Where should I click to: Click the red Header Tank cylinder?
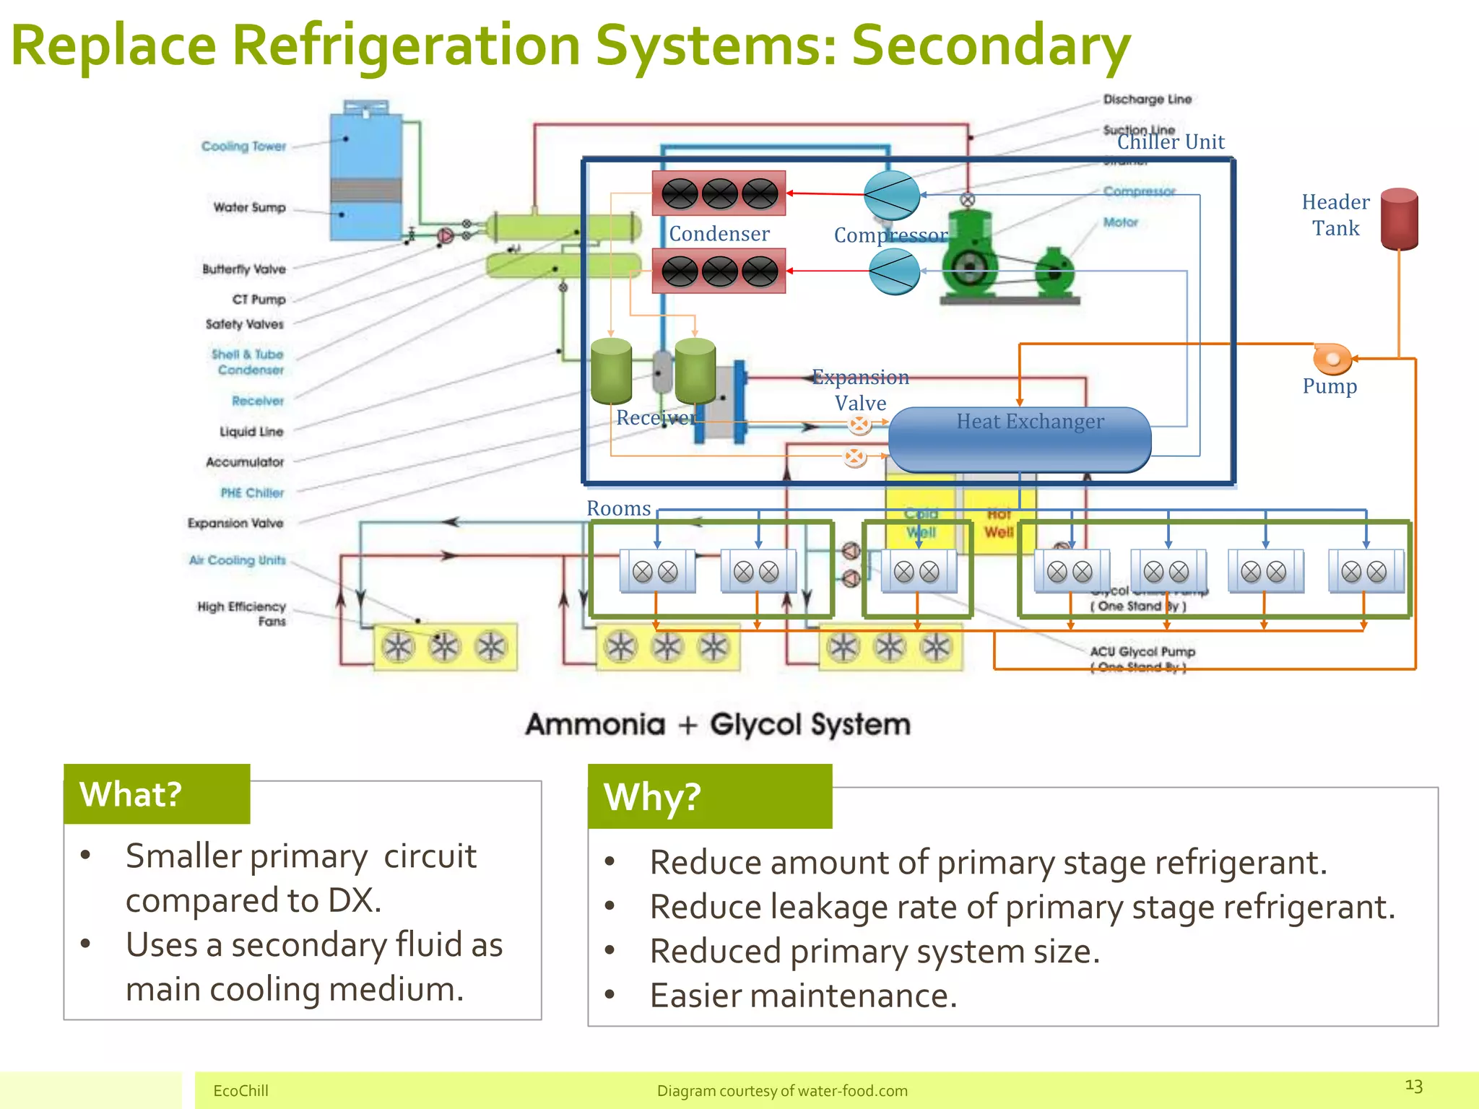click(1399, 219)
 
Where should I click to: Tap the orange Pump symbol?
click(1331, 357)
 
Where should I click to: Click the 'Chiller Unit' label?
click(1171, 142)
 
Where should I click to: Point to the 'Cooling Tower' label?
click(243, 147)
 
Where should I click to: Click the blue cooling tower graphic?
click(365, 173)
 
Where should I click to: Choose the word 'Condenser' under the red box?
click(719, 234)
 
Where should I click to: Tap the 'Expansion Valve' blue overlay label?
click(859, 390)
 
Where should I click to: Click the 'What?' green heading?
click(131, 794)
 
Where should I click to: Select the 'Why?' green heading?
click(653, 797)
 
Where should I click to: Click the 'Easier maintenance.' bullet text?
click(803, 996)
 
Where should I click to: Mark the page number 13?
click(1413, 1086)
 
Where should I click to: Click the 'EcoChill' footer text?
click(240, 1091)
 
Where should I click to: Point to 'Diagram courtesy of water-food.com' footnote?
click(782, 1091)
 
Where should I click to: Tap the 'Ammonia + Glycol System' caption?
click(718, 724)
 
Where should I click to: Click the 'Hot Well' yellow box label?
click(999, 523)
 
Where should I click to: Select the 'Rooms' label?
click(618, 508)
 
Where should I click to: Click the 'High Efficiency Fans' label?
click(242, 614)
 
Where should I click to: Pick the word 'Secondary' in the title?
click(990, 45)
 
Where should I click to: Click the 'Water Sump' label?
click(249, 208)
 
